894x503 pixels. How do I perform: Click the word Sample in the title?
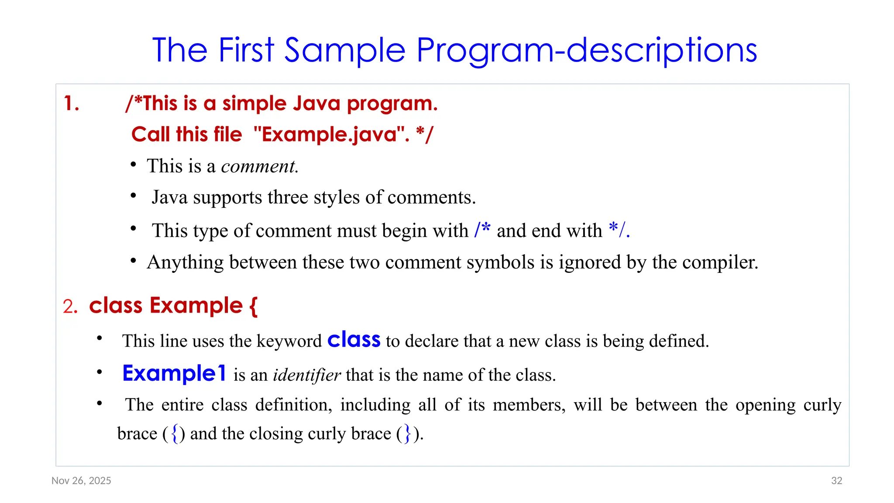tap(345, 51)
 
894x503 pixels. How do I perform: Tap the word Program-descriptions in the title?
tap(587, 51)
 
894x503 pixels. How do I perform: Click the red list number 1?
tap(71, 104)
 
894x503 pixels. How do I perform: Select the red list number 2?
tap(70, 307)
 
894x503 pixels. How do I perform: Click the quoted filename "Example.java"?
tap(331, 134)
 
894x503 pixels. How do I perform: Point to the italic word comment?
tap(259, 166)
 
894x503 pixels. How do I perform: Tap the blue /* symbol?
tap(482, 229)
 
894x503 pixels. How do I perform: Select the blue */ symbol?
tap(617, 229)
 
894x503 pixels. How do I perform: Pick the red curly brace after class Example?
tap(253, 306)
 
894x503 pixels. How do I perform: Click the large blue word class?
tap(354, 340)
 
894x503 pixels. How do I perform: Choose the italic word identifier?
tap(306, 375)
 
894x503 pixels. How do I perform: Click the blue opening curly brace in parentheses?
tap(175, 434)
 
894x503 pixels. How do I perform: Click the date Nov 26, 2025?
tap(81, 481)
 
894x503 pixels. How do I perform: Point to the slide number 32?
tap(836, 481)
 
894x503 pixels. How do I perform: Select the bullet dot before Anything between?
tap(134, 261)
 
